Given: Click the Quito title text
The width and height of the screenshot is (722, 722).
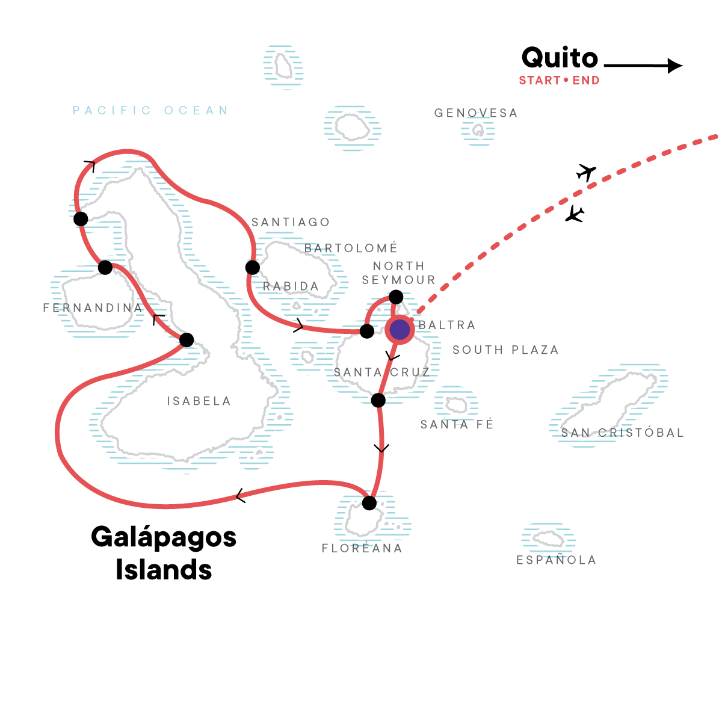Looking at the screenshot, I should (560, 58).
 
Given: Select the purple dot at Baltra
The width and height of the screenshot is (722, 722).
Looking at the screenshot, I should (400, 329).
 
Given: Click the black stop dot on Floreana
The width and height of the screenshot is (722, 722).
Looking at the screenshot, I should (369, 503).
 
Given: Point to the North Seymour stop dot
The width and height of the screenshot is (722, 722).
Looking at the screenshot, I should (396, 297).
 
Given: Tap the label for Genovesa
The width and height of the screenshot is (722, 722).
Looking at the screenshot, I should (476, 113).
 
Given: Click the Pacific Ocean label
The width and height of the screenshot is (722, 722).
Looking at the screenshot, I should (151, 111).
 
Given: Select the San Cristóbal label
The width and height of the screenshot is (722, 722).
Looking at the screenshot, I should (622, 433).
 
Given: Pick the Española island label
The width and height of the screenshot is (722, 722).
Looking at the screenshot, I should (557, 560).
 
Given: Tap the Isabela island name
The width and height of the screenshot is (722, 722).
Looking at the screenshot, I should (199, 401).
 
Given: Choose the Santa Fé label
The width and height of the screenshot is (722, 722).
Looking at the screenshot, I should (457, 424).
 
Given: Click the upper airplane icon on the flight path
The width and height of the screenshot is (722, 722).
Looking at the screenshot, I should (585, 172).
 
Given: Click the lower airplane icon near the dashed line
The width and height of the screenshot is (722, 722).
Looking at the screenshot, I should (575, 214).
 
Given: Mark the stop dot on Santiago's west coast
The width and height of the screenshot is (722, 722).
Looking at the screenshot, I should (253, 267).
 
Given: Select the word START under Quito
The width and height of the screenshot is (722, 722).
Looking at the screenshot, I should (540, 81).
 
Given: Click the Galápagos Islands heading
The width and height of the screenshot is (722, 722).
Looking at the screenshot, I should (164, 553).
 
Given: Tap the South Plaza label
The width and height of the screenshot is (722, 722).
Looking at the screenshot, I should (505, 350).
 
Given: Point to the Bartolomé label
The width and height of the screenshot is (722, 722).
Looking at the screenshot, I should (351, 248).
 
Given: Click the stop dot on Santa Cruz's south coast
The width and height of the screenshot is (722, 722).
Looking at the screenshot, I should (378, 400).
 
